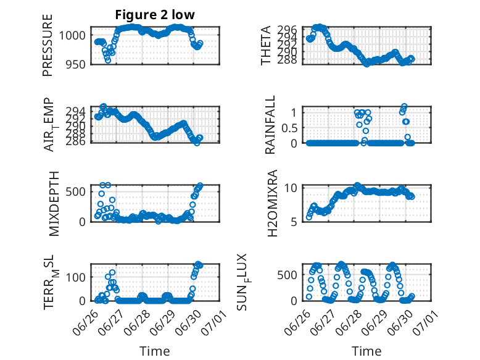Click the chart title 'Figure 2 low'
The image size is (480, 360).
155,15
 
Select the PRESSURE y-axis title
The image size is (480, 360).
48,45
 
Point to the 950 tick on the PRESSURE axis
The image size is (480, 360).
76,64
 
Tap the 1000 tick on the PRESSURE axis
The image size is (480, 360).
72,35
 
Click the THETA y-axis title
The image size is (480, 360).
266,45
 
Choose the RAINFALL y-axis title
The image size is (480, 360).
270,125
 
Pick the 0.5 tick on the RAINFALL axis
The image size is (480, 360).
289,128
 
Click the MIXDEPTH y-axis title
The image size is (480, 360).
54,204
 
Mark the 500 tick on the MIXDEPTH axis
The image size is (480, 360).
76,192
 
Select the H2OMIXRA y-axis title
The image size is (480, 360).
272,203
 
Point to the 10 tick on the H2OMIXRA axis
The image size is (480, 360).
291,188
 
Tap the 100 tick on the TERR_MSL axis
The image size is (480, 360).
76,277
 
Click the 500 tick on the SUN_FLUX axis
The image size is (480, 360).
288,275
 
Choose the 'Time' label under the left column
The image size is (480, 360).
155,351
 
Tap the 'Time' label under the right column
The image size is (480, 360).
366,351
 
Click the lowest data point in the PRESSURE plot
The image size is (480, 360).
108,61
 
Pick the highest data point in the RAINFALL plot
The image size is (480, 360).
404,106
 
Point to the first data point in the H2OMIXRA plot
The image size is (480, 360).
309,217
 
